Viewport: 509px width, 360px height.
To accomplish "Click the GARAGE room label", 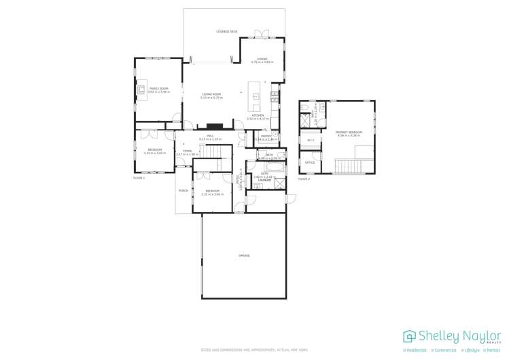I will tap(244, 255).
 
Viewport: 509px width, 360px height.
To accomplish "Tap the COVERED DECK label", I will tap(227, 32).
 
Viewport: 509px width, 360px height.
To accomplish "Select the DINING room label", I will tap(262, 59).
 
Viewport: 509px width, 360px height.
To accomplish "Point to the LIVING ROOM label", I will tap(211, 94).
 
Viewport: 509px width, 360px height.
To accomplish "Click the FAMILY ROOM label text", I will tap(158, 88).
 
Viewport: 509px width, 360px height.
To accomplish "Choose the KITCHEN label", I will tap(258, 115).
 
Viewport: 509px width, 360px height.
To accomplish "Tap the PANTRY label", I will tap(266, 136).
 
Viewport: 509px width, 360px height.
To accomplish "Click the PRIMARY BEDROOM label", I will tap(349, 132).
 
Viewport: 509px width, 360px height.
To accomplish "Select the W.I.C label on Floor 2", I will tap(311, 141).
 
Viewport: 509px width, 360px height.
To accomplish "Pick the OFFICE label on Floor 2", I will tap(309, 163).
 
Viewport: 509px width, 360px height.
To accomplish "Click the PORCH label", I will tap(183, 191).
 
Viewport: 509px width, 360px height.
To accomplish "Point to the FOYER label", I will tap(187, 151).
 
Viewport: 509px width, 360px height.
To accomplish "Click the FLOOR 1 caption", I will tap(139, 178).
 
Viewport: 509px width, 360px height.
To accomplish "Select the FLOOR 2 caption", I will tap(304, 179).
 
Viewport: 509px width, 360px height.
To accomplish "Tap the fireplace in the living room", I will tap(215, 126).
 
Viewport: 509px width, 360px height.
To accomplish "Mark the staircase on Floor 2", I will tap(353, 165).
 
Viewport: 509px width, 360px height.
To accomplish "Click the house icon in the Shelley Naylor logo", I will tap(409, 336).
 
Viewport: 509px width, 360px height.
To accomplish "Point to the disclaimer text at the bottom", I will tap(254, 350).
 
